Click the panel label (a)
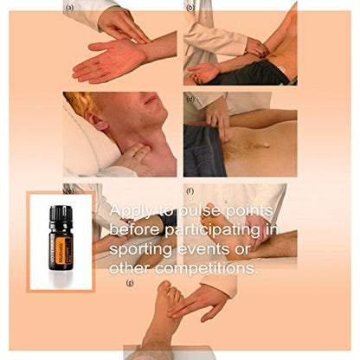[68, 7]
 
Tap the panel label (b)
[190, 7]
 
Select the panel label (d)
[190, 99]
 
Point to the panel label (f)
[190, 190]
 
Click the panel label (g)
[130, 282]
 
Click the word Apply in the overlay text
[132, 212]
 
